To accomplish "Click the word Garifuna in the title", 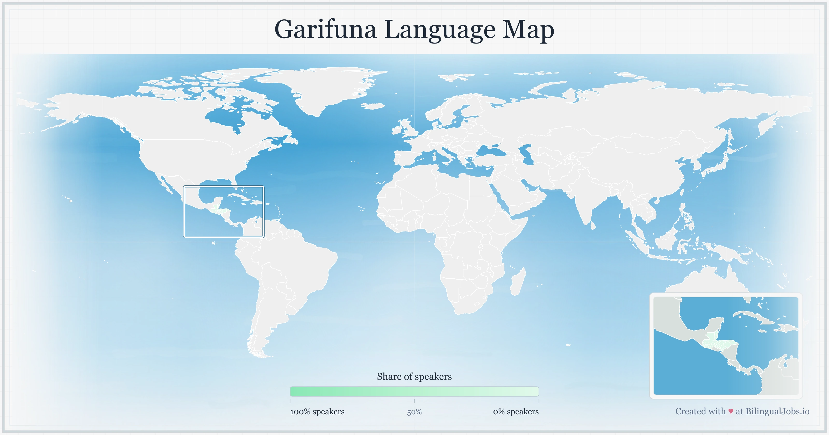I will click(325, 30).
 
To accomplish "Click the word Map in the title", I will click(528, 30).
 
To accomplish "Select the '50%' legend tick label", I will click(414, 412).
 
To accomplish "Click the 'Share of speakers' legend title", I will click(414, 376).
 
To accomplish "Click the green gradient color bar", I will click(414, 392).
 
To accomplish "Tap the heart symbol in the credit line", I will click(731, 411).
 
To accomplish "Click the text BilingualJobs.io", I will click(777, 411).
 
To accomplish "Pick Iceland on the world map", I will click(373, 106).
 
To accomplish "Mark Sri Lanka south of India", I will click(593, 225).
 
